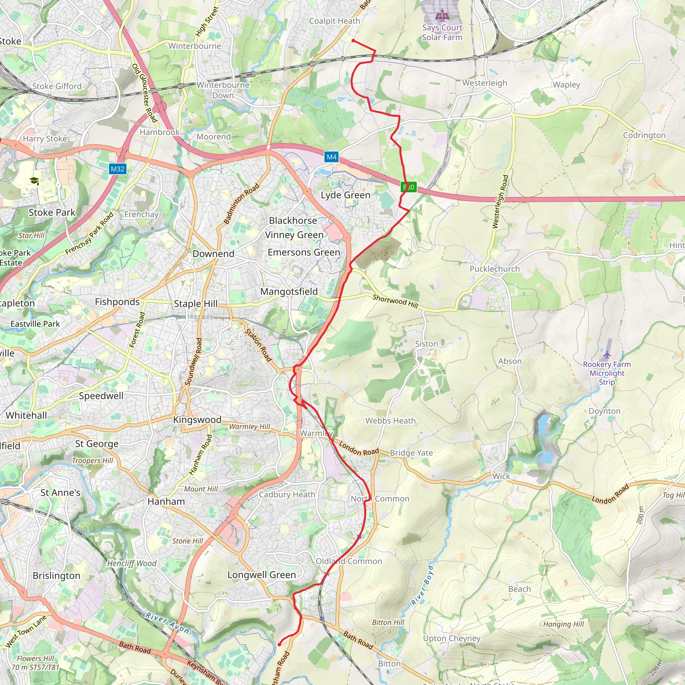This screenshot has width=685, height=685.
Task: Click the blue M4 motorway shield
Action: pos(331,157)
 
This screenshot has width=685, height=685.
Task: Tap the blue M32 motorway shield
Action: pos(117,169)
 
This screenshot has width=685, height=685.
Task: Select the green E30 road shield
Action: pos(408,187)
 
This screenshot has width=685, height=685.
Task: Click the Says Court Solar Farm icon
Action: pos(442,15)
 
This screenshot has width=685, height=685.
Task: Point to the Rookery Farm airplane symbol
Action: pos(607,355)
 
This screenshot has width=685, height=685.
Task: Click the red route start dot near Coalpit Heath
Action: pos(353,41)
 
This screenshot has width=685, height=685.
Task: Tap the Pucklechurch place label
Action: pos(494,269)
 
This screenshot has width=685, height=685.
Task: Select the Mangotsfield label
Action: pos(289,291)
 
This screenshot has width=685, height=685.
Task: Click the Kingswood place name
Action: pos(197,419)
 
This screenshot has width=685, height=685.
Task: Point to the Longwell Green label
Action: pos(261,575)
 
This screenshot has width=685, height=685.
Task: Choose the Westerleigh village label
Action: pos(484,83)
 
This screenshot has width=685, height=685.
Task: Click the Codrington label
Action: pos(644,135)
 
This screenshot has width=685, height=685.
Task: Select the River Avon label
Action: pos(167,622)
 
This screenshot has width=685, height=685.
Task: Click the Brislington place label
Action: pos(57,575)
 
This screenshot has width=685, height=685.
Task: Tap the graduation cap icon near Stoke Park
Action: pos(34,181)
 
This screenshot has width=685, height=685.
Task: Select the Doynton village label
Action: pos(604,411)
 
